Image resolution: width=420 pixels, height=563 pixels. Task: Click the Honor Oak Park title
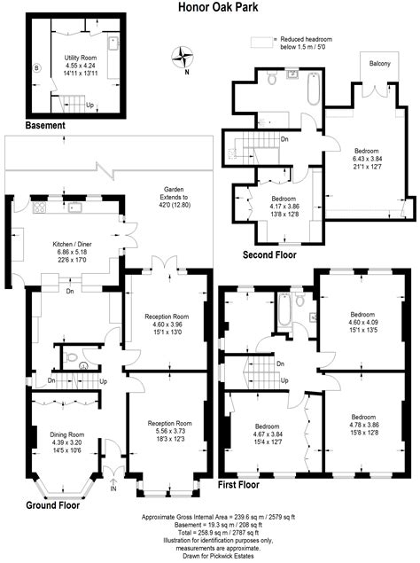point(210,7)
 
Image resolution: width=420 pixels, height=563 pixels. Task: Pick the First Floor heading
point(245,486)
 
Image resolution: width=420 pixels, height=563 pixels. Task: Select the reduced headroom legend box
point(261,41)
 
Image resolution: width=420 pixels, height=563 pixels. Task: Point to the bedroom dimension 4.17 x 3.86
point(284,206)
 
